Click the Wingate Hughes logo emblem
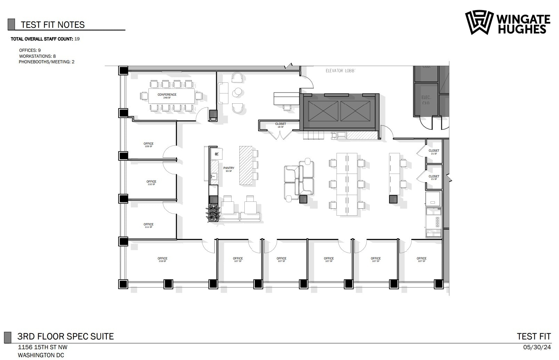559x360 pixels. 479,22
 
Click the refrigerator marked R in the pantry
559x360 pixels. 217,154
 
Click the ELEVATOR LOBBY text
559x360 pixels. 340,71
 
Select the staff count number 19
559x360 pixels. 77,39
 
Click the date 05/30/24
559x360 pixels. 537,347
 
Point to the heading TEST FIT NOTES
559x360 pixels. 53,25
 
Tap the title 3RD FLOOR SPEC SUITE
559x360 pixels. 66,336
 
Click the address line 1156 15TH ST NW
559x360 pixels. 43,347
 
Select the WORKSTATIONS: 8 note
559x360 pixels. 37,56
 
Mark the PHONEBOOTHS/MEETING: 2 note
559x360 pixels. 47,62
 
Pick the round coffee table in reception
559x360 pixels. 237,92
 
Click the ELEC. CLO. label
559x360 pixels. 426,100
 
